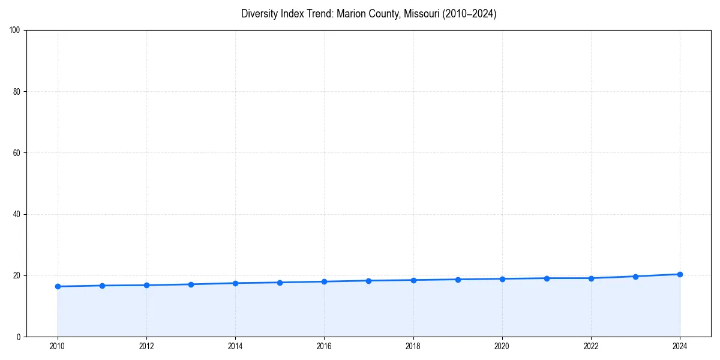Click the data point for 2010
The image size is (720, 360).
pyautogui.click(x=58, y=286)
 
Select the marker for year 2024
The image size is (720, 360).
pyautogui.click(x=680, y=274)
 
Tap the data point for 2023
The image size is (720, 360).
pyautogui.click(x=635, y=277)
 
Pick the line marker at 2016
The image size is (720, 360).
pyautogui.click(x=324, y=281)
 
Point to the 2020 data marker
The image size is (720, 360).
pyautogui.click(x=502, y=279)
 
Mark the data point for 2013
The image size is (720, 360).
pyautogui.click(x=191, y=284)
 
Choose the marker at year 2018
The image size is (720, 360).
pyautogui.click(x=413, y=280)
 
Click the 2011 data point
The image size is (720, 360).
pyautogui.click(x=102, y=286)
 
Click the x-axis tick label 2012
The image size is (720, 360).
pyautogui.click(x=146, y=346)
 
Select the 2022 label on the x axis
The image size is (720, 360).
pyautogui.click(x=591, y=346)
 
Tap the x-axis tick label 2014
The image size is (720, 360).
pyautogui.click(x=235, y=346)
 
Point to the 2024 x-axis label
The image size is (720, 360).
pyautogui.click(x=680, y=346)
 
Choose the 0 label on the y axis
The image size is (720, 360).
pyautogui.click(x=19, y=337)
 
